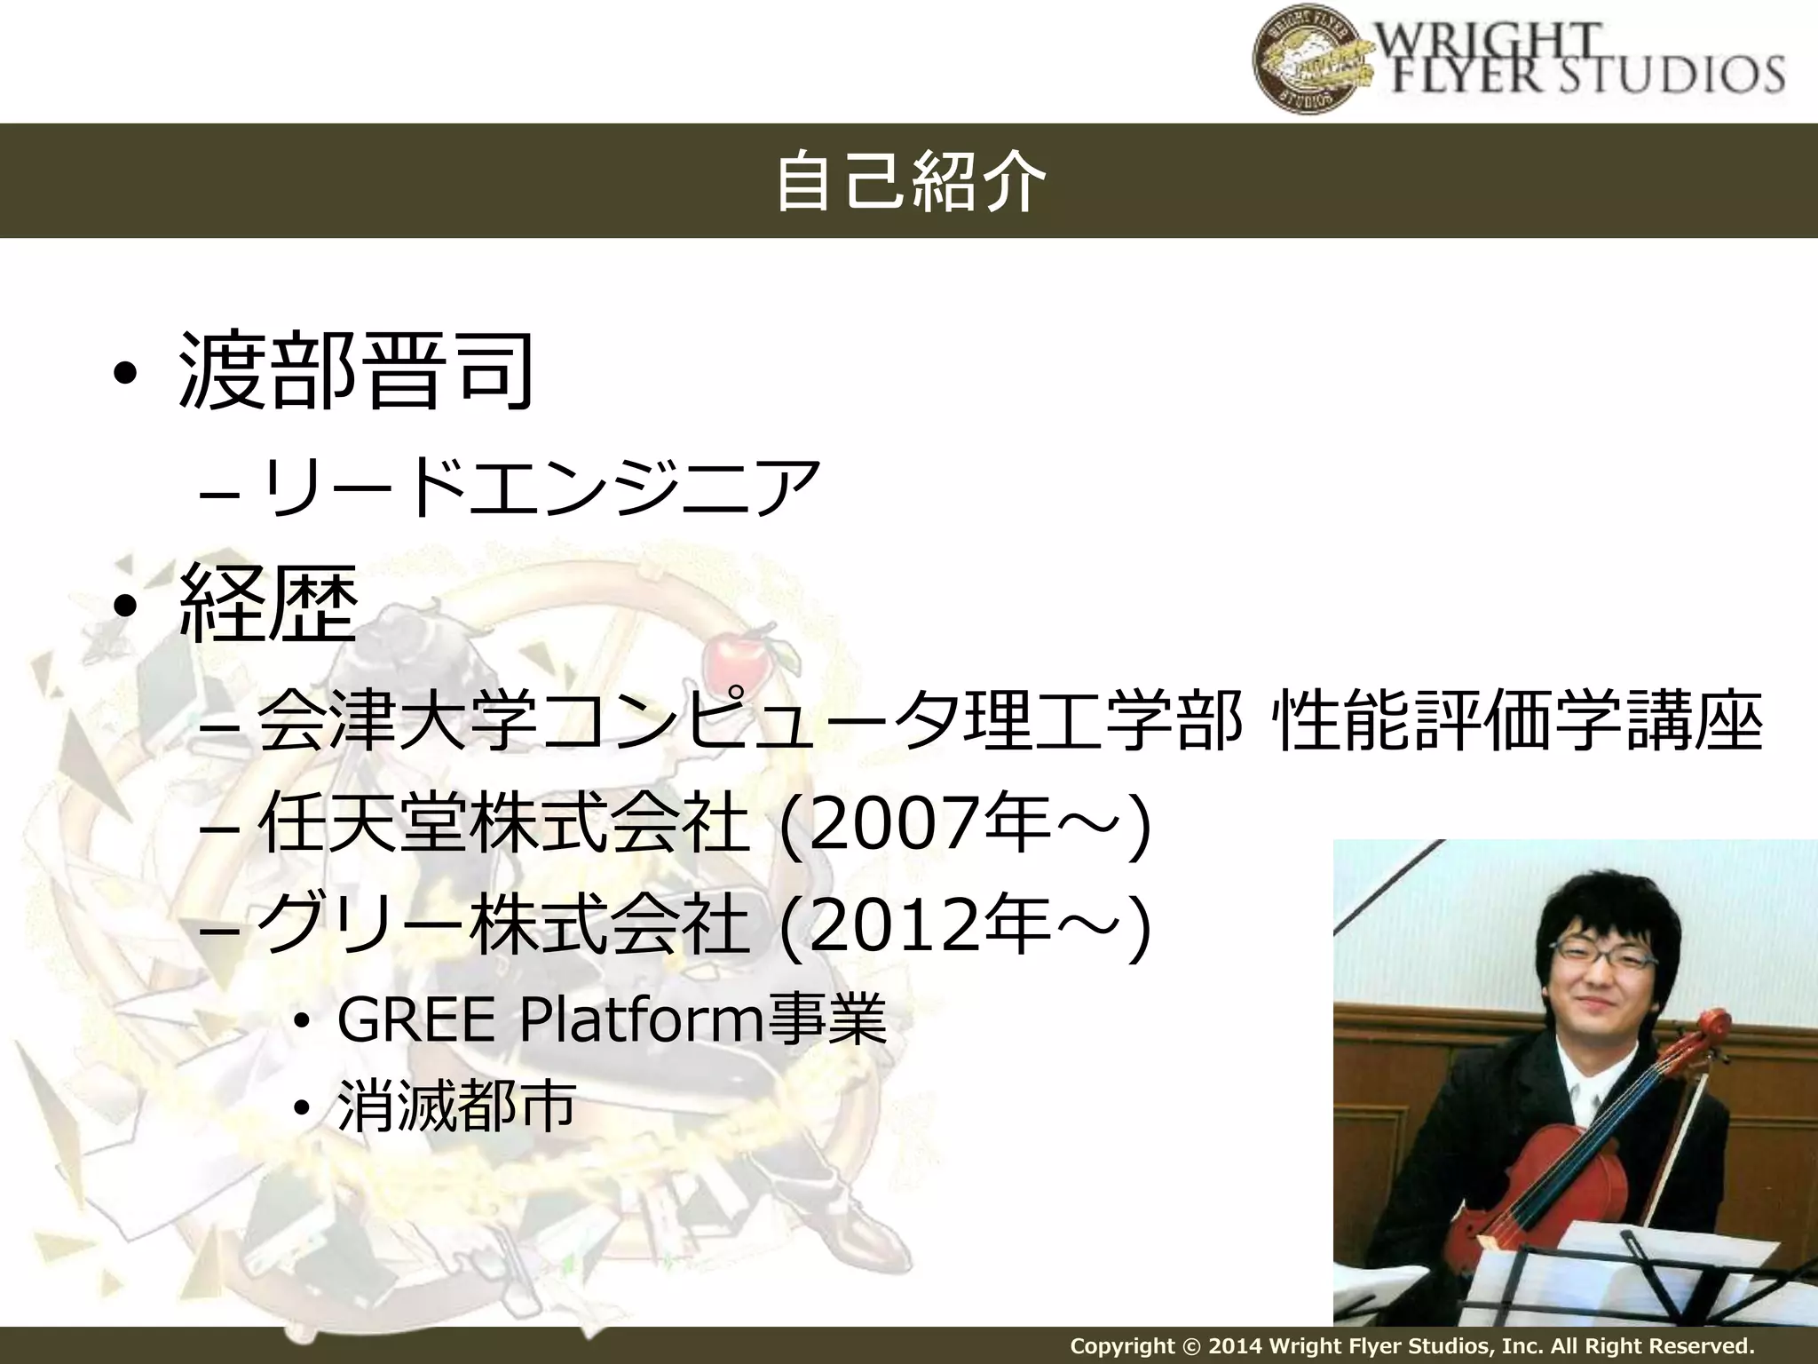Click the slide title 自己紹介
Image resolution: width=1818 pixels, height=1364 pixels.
click(909, 182)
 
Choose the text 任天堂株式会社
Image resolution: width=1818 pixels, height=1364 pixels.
click(502, 824)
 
